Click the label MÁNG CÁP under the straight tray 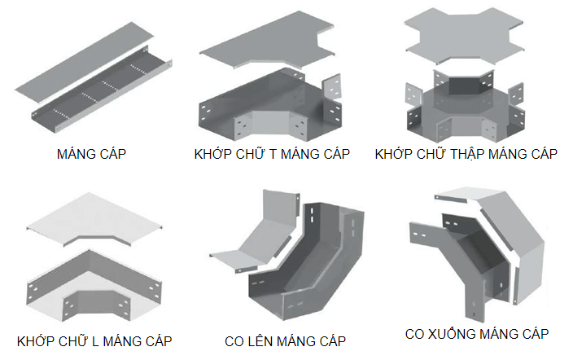click(92, 154)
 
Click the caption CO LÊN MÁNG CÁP click(286, 340)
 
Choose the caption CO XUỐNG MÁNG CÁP click(477, 333)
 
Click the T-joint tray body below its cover click(269, 110)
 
